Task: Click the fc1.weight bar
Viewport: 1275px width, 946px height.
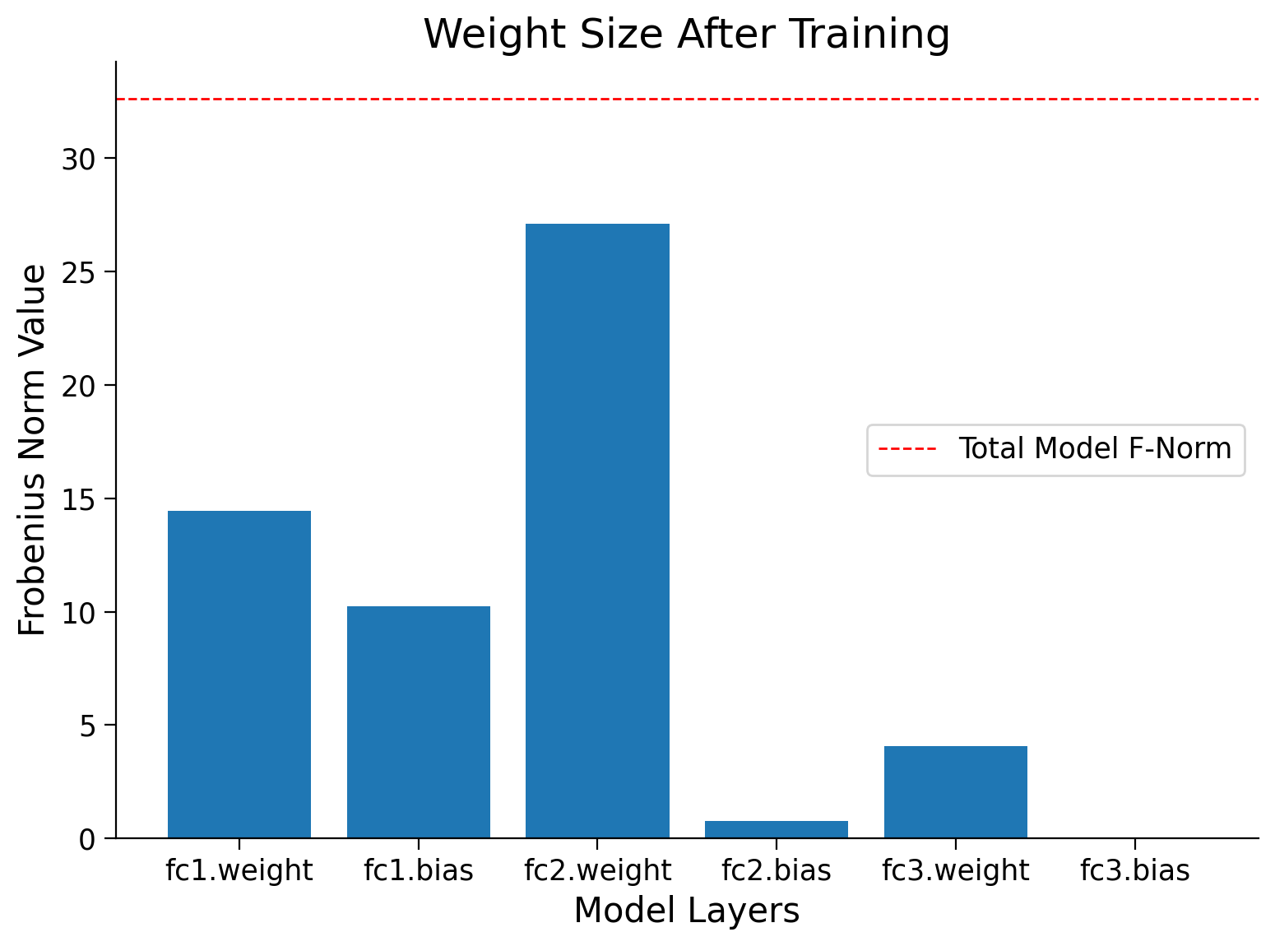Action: (x=239, y=675)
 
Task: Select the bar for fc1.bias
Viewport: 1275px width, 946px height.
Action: (x=419, y=722)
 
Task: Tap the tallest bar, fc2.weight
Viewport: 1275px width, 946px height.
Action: (x=597, y=531)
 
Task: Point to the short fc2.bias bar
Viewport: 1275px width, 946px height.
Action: (x=777, y=829)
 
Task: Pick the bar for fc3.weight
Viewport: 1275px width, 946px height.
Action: (x=956, y=792)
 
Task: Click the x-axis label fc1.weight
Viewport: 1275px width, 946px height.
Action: (x=239, y=870)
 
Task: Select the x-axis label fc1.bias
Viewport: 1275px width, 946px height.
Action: (x=419, y=870)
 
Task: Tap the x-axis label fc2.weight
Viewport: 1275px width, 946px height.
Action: (x=597, y=870)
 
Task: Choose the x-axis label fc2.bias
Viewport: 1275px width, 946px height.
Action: (x=777, y=870)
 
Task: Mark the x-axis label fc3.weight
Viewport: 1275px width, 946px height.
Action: (x=956, y=870)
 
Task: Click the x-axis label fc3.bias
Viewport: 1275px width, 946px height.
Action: (x=1135, y=870)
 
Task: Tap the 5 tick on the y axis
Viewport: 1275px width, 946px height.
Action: (x=86, y=726)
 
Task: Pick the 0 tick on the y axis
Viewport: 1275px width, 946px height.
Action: (x=86, y=839)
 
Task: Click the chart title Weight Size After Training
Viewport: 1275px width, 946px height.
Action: (x=687, y=35)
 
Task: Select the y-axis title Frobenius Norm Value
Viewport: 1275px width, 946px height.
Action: (x=33, y=450)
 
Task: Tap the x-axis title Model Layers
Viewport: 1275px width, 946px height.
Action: (x=687, y=911)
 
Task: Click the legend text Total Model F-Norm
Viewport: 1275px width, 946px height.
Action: (x=1095, y=449)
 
